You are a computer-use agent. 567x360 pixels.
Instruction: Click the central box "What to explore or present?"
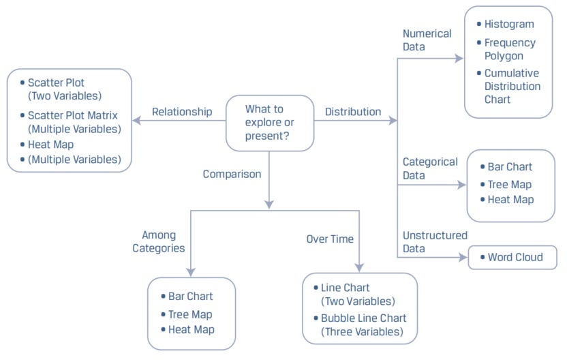click(x=269, y=123)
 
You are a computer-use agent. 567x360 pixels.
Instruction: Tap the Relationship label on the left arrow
click(x=182, y=111)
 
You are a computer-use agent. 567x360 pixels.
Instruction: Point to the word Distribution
click(x=352, y=111)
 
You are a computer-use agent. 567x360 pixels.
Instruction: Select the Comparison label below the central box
click(x=232, y=174)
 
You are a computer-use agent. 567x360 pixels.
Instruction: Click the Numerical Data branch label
click(x=427, y=40)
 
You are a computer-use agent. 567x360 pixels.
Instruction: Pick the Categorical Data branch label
click(x=430, y=168)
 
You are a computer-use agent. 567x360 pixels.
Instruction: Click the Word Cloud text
click(x=515, y=258)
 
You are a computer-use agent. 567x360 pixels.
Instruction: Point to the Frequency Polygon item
click(x=510, y=49)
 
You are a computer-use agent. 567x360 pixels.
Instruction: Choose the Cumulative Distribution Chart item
click(x=512, y=86)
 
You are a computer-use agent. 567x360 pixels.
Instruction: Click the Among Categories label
click(x=159, y=242)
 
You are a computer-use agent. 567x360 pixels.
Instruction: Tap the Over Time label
click(x=330, y=239)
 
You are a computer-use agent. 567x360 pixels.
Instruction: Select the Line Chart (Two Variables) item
click(x=358, y=295)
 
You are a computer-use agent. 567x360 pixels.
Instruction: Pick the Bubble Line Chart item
click(x=363, y=325)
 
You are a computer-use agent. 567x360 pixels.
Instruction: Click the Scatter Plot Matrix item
click(x=74, y=122)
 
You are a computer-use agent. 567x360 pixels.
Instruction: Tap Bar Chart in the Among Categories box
click(x=190, y=297)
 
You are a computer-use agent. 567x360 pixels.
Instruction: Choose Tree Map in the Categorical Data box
click(x=509, y=184)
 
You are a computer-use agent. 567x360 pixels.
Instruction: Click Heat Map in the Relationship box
click(x=50, y=145)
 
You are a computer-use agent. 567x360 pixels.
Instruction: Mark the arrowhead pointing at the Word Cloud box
click(x=463, y=258)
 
